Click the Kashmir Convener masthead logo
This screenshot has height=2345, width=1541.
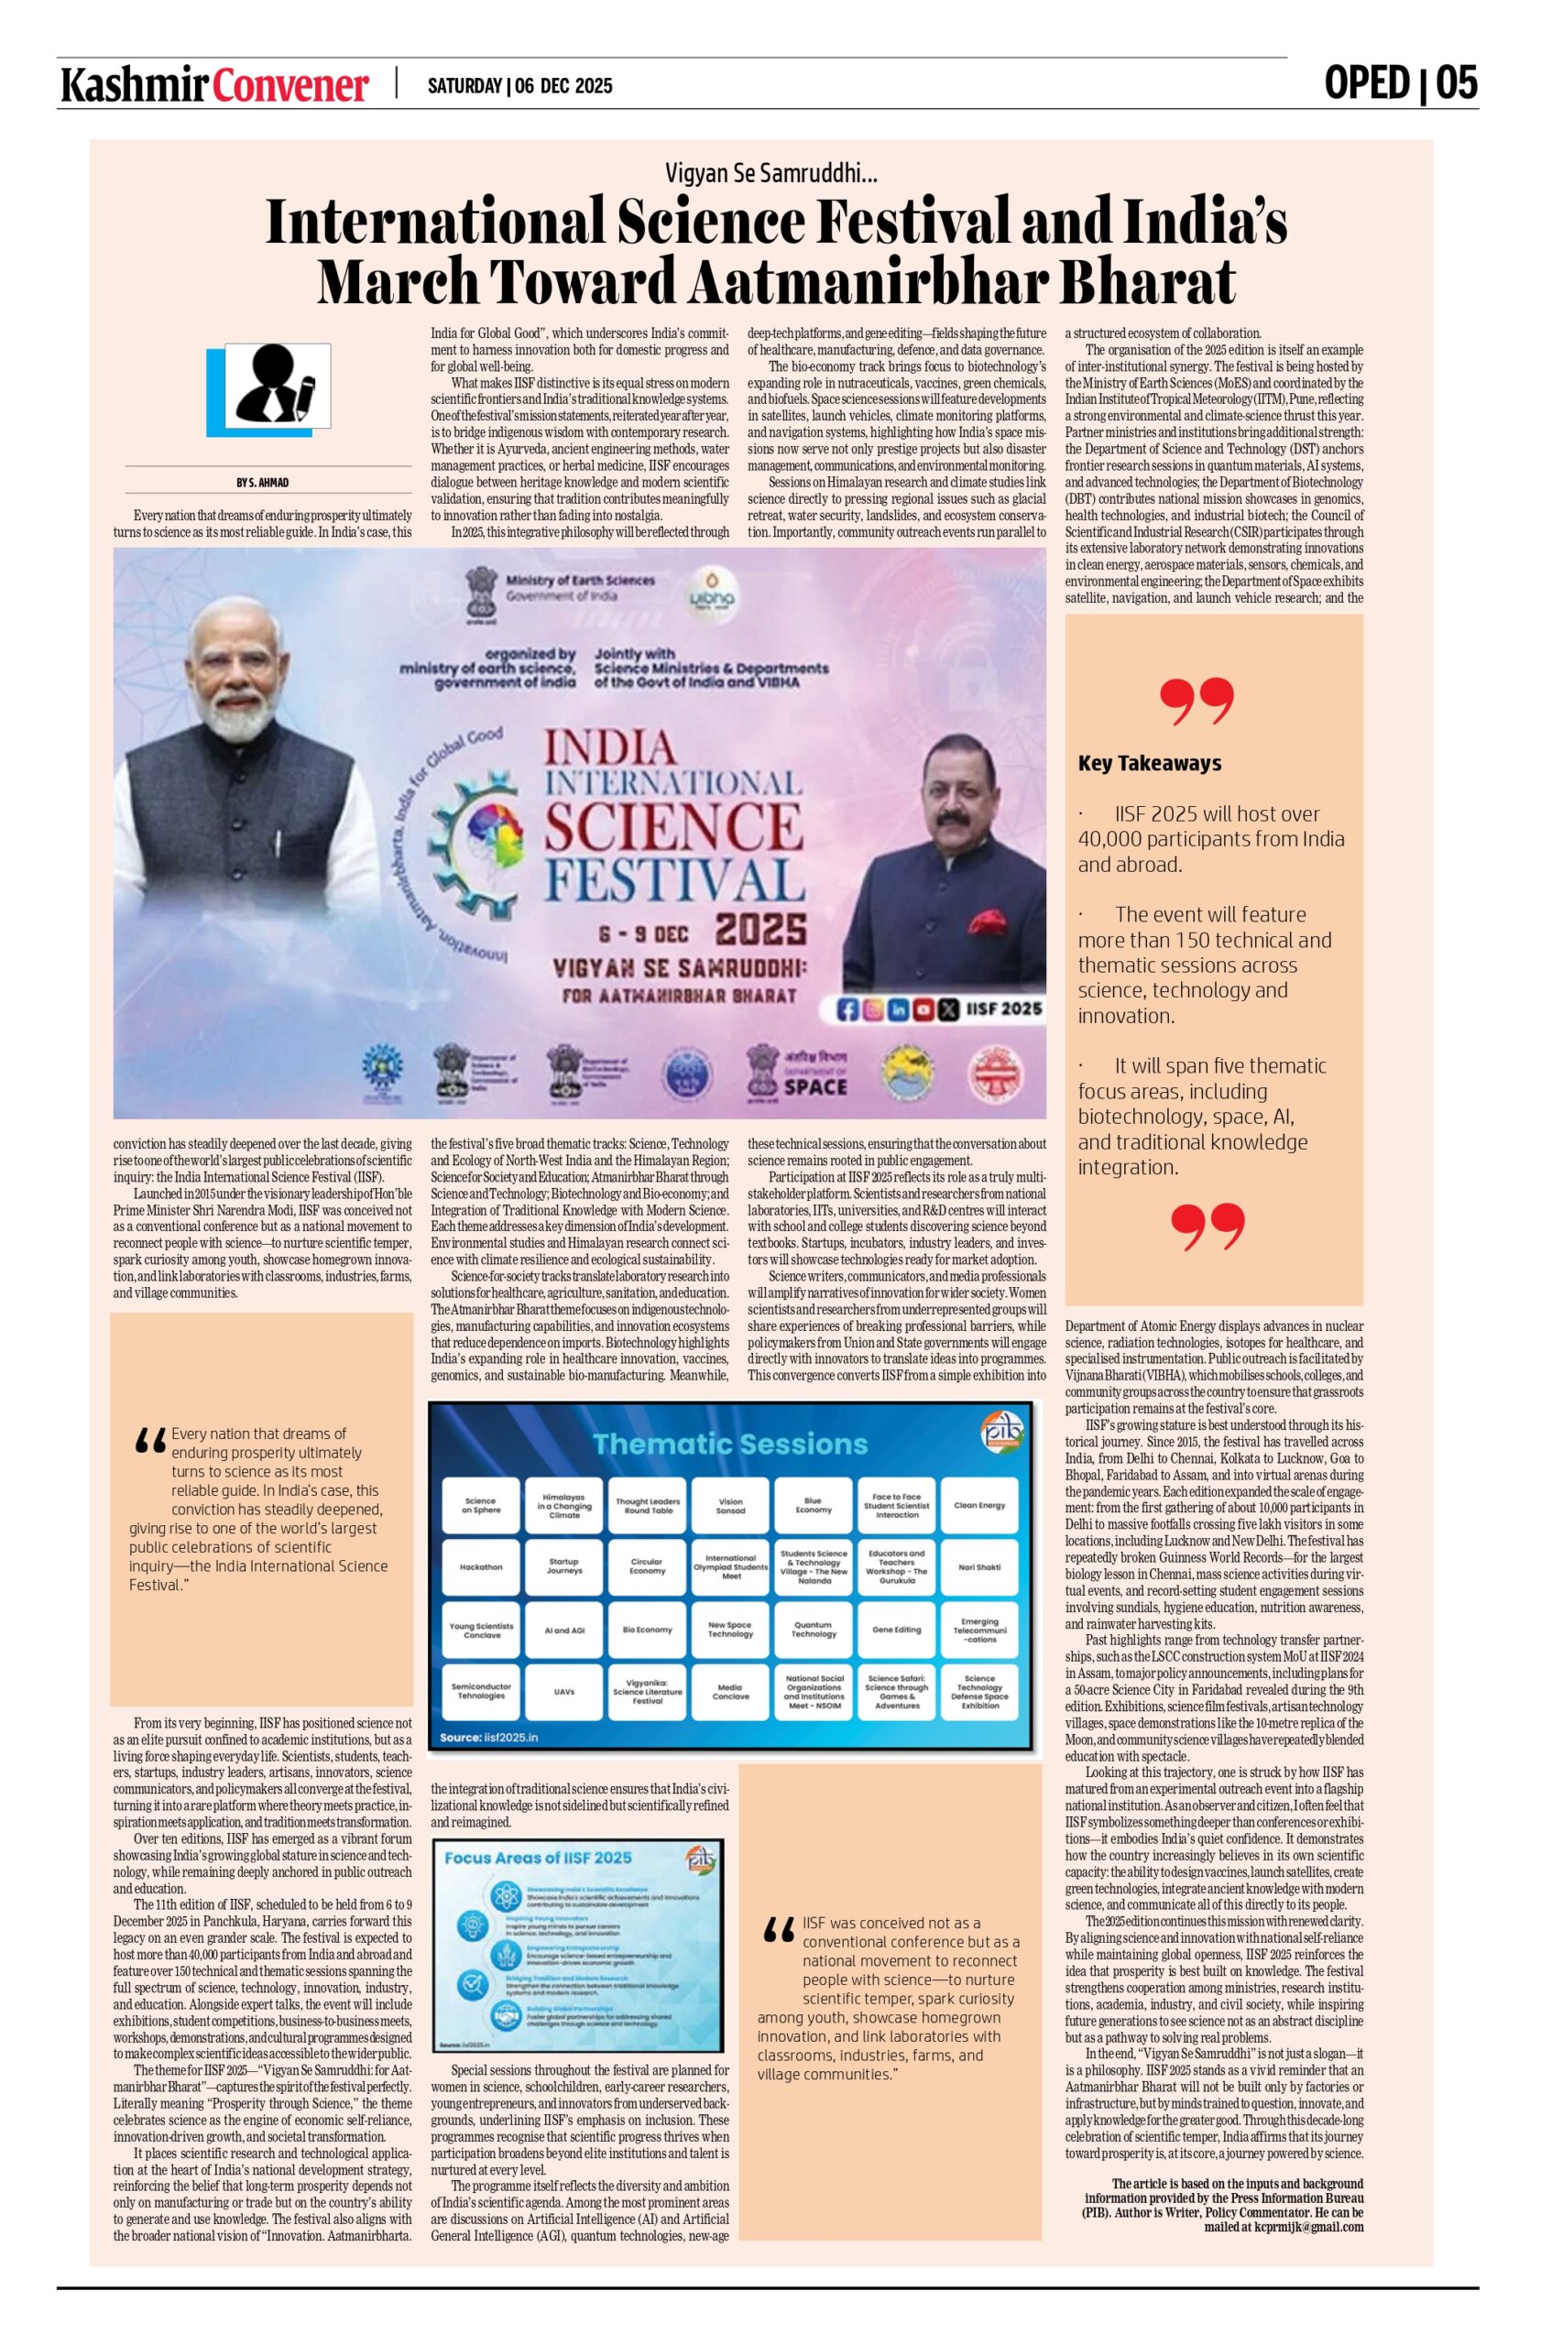click(214, 86)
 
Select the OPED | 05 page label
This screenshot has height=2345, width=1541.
click(1400, 82)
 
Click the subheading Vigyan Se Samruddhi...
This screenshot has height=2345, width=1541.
click(770, 174)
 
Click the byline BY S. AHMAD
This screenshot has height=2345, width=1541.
click(262, 482)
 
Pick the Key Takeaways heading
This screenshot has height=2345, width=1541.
click(1149, 763)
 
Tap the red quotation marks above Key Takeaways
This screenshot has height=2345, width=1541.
click(1197, 701)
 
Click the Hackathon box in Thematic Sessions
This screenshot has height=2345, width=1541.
click(481, 1565)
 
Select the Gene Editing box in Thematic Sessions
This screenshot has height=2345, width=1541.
click(896, 1630)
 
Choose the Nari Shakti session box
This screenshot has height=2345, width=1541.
click(978, 1565)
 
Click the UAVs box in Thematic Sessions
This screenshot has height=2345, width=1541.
click(563, 1691)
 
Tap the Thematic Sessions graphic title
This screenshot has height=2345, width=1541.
click(730, 1445)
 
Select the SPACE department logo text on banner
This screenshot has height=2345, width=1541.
click(814, 1085)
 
